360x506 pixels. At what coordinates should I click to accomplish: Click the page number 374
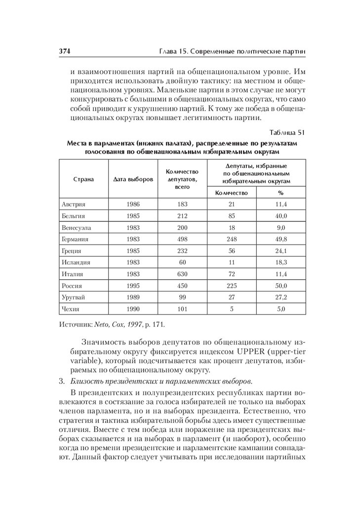click(x=66, y=51)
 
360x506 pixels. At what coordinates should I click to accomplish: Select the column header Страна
click(x=83, y=178)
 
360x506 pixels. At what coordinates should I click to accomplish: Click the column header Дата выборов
click(x=133, y=178)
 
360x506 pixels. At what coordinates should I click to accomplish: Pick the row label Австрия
click(x=74, y=204)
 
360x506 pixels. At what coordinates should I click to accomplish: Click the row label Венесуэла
click(x=77, y=228)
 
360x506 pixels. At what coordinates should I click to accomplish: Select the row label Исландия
click(x=76, y=262)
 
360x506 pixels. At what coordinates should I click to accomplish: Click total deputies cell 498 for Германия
click(x=182, y=239)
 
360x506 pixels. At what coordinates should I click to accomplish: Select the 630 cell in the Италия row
click(x=182, y=274)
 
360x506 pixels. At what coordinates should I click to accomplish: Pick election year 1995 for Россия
click(x=133, y=286)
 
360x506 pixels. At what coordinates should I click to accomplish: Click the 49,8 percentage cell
click(x=281, y=239)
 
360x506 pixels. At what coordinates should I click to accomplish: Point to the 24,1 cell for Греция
click(x=281, y=251)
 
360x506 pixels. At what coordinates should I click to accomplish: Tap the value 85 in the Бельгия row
click(x=232, y=216)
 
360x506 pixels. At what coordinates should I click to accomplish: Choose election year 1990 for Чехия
click(x=133, y=309)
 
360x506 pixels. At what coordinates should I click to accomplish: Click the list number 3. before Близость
click(x=62, y=381)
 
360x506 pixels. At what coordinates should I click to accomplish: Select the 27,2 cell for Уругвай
click(x=281, y=297)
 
